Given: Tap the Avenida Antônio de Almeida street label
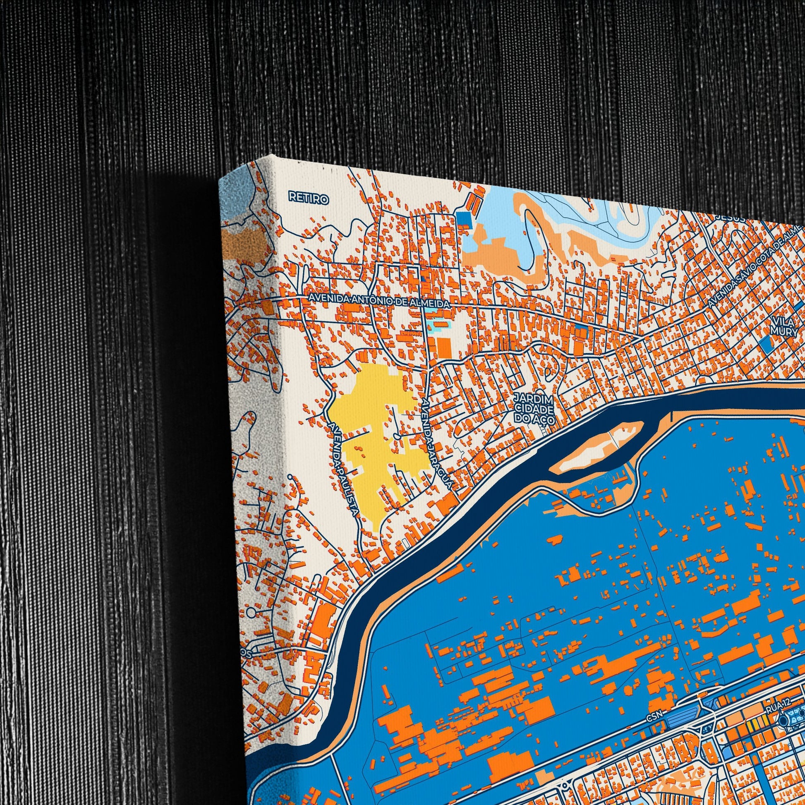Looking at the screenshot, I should coord(379,301).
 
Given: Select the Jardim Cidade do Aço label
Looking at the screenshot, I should coord(534,410).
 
